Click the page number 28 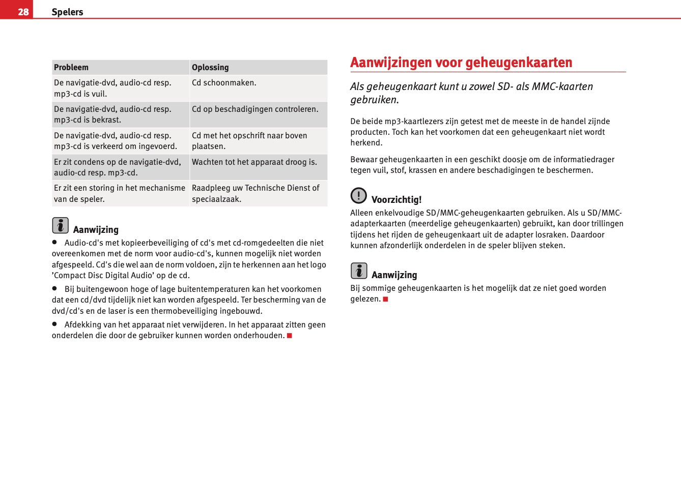[x=23, y=12]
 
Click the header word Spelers [x=67, y=12]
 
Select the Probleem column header [x=71, y=67]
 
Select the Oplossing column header [x=210, y=67]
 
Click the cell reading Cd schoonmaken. [x=224, y=83]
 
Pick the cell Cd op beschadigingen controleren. [x=255, y=109]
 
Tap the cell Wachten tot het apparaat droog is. [x=254, y=162]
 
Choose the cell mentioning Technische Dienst [x=256, y=193]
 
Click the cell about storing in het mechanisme [x=120, y=193]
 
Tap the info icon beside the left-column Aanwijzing [x=60, y=225]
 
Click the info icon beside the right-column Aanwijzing [x=359, y=271]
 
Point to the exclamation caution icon [x=359, y=195]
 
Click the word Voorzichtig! [x=396, y=200]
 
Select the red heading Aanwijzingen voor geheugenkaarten [x=461, y=63]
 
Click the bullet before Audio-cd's [x=54, y=243]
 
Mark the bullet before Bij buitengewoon [x=54, y=288]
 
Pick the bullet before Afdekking [x=54, y=324]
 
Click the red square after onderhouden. [x=290, y=336]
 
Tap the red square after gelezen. [x=386, y=299]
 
